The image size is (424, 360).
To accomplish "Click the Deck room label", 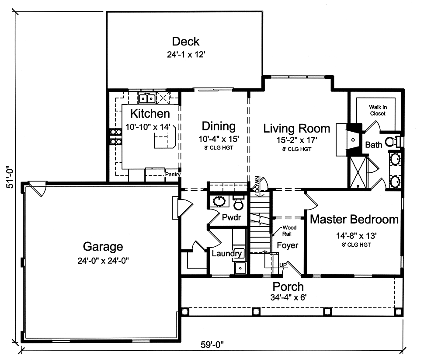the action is pyautogui.click(x=185, y=42).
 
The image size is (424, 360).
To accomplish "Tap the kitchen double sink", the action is pyautogui.click(x=147, y=98).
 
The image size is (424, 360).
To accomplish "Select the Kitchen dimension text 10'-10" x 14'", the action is pyautogui.click(x=148, y=127).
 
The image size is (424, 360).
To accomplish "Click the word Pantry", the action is pyautogui.click(x=173, y=175).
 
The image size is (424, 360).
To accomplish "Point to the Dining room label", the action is pyautogui.click(x=219, y=126).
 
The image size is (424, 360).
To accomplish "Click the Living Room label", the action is pyautogui.click(x=297, y=128).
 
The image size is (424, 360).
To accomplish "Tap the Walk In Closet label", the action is pyautogui.click(x=378, y=110).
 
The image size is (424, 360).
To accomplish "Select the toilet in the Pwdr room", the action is pyautogui.click(x=238, y=203).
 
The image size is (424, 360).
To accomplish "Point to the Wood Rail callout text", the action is pyautogui.click(x=289, y=231).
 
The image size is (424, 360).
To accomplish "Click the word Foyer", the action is pyautogui.click(x=288, y=245).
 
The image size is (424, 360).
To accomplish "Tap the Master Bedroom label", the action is pyautogui.click(x=354, y=219).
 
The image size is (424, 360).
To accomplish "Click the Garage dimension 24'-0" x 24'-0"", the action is pyautogui.click(x=103, y=261).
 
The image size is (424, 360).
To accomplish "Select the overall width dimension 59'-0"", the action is pyautogui.click(x=212, y=345).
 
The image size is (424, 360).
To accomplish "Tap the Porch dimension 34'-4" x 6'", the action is pyautogui.click(x=288, y=297).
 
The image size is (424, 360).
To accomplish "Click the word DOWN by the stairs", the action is pyautogui.click(x=257, y=185).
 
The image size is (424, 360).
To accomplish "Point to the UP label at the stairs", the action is pyautogui.click(x=282, y=265).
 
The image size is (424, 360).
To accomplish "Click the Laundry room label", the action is pyautogui.click(x=226, y=254).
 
